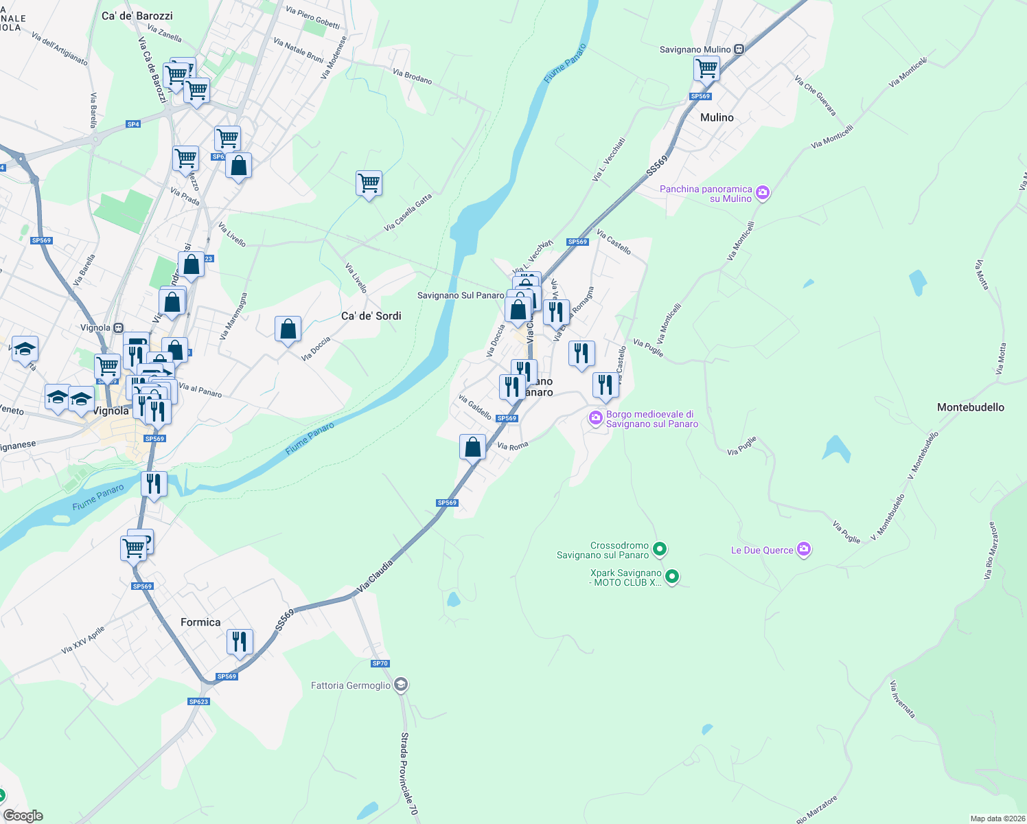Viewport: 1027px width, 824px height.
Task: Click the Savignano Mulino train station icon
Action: point(739,49)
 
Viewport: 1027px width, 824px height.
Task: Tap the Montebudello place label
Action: point(970,407)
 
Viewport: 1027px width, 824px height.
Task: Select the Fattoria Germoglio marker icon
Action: point(402,685)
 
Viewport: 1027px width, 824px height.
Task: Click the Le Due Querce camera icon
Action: point(805,549)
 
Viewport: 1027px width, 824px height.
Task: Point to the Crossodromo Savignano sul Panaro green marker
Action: point(659,549)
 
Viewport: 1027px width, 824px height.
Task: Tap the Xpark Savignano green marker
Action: point(672,577)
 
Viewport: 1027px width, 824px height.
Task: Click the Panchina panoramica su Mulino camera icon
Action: point(762,193)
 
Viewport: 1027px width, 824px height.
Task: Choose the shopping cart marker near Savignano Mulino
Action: point(706,69)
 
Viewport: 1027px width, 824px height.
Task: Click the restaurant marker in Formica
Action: point(240,641)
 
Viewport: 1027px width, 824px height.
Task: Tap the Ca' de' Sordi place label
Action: point(371,316)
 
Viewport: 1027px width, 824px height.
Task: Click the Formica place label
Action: point(200,622)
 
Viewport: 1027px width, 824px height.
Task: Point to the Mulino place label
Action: point(717,117)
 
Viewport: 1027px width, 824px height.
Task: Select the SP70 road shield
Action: point(380,663)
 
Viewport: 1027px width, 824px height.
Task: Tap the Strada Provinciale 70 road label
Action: point(409,774)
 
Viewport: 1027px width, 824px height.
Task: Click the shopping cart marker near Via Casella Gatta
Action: point(369,183)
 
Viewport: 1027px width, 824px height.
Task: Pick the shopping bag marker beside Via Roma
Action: point(472,447)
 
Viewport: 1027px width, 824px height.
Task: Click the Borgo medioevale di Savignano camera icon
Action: point(595,417)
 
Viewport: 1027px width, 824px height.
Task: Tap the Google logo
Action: point(23,815)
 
